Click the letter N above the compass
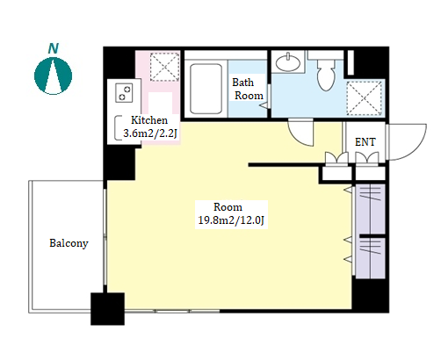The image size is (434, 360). (54, 48)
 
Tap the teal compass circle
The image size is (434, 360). (53, 76)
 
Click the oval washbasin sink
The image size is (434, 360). (288, 62)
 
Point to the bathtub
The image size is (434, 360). (206, 89)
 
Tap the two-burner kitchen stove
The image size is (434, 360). (124, 92)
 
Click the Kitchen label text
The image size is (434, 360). (149, 120)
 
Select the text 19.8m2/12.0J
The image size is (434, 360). (231, 220)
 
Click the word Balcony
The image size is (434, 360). (69, 243)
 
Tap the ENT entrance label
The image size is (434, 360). (365, 142)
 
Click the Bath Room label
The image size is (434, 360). (248, 89)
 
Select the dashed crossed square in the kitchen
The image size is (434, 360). (164, 67)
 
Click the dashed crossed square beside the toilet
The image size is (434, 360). (364, 98)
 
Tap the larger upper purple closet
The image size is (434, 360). (370, 209)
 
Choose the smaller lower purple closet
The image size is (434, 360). (370, 258)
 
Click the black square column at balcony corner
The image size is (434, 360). (107, 309)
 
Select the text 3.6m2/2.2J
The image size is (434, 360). (150, 133)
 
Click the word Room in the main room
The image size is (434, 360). (228, 207)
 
